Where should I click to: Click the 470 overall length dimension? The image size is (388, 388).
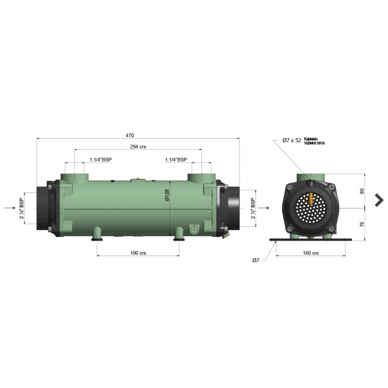(130, 135)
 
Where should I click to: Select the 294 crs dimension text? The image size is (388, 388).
(138, 147)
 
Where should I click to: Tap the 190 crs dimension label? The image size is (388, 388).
(138, 253)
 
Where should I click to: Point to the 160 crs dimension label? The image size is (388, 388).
(311, 253)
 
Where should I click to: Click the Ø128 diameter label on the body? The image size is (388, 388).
(167, 195)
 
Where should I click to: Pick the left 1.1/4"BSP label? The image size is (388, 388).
(101, 159)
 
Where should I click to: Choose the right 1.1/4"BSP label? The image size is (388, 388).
(176, 159)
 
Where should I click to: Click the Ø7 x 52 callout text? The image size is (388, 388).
(292, 140)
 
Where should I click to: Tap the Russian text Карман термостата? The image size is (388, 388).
(314, 141)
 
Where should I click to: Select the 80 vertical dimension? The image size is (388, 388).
(362, 191)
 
